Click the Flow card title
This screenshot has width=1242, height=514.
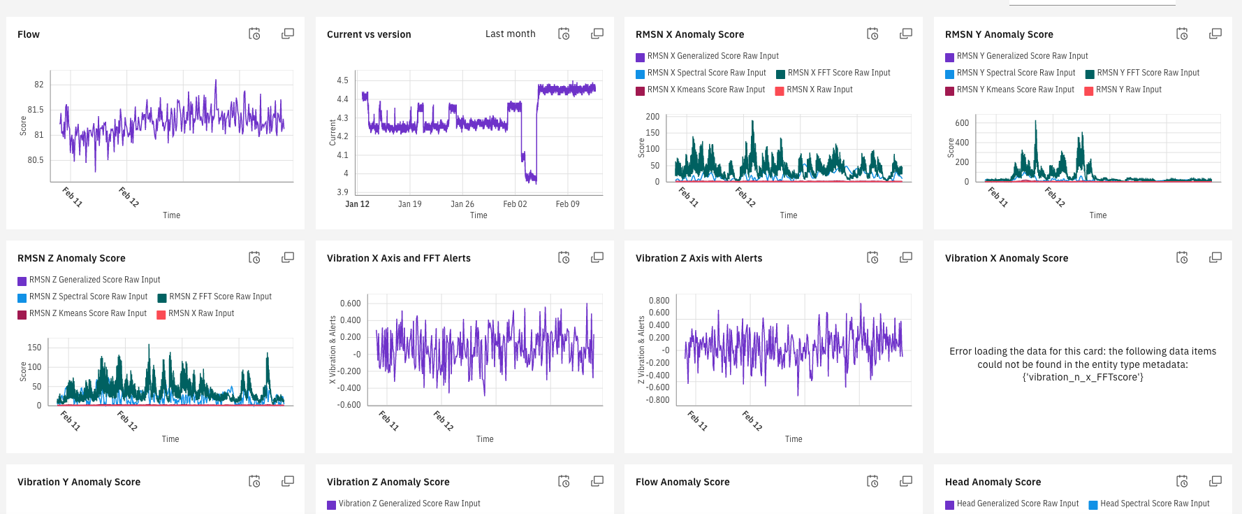pyautogui.click(x=29, y=34)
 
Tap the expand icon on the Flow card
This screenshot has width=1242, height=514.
pyautogui.click(x=287, y=34)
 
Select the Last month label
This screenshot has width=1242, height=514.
pyautogui.click(x=510, y=34)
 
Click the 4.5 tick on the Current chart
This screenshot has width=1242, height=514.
pyautogui.click(x=342, y=80)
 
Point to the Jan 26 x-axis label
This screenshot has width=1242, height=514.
pyautogui.click(x=462, y=204)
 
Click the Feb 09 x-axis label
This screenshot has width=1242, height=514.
pyautogui.click(x=567, y=204)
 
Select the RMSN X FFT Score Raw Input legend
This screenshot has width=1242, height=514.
pyautogui.click(x=838, y=73)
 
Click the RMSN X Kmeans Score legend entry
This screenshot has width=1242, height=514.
pyautogui.click(x=706, y=90)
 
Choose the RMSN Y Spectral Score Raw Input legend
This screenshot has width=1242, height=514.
pyautogui.click(x=1015, y=73)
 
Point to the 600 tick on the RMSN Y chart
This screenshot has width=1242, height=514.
pyautogui.click(x=962, y=123)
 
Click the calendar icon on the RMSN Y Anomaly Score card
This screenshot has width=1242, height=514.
pyautogui.click(x=1182, y=34)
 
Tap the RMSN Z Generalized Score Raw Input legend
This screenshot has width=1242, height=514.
pyautogui.click(x=94, y=280)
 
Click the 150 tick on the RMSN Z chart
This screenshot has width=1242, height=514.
pyautogui.click(x=34, y=348)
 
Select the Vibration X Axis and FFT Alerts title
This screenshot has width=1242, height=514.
pyautogui.click(x=398, y=258)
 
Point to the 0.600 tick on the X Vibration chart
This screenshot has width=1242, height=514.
pyautogui.click(x=350, y=304)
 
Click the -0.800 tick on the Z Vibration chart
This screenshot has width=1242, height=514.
pyautogui.click(x=659, y=400)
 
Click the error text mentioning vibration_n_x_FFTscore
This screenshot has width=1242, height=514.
pyautogui.click(x=1082, y=364)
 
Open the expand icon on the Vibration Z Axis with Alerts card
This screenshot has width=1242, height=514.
pyautogui.click(x=905, y=257)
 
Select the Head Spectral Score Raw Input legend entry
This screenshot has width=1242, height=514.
pyautogui.click(x=1154, y=504)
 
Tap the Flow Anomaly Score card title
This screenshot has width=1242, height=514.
pyautogui.click(x=682, y=482)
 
